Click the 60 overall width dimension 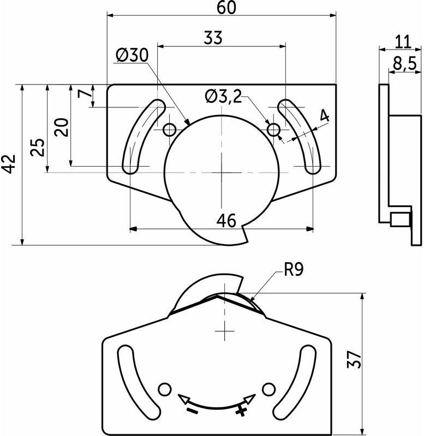[x=226, y=8]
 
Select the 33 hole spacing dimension [x=213, y=38]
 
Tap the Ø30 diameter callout [x=132, y=55]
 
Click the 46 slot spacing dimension [x=226, y=220]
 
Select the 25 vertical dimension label [x=37, y=147]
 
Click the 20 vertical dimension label [x=61, y=128]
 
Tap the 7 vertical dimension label [x=85, y=93]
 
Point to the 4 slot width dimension [x=324, y=116]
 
